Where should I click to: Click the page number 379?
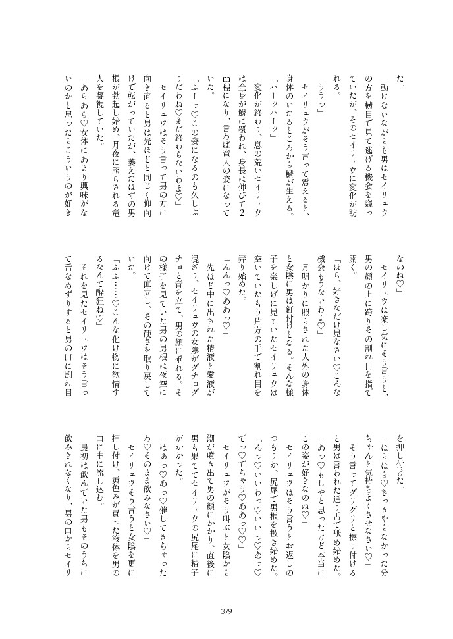226,611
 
